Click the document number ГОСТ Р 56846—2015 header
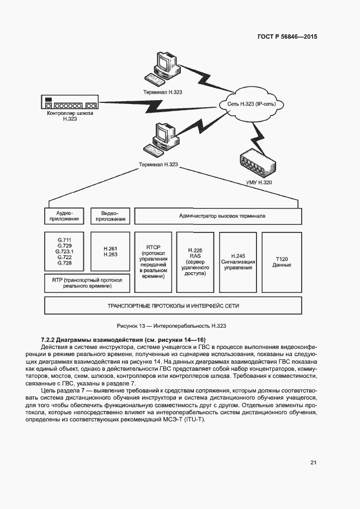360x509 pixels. pos(286,37)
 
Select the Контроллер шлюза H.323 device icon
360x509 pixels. pos(69,103)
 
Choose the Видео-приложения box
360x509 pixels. pos(109,216)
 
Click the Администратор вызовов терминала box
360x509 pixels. pos(217,216)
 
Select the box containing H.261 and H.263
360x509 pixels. pos(110,252)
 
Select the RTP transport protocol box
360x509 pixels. pos(87,283)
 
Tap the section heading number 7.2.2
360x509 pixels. pos(49,340)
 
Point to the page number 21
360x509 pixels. pos(313,463)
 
